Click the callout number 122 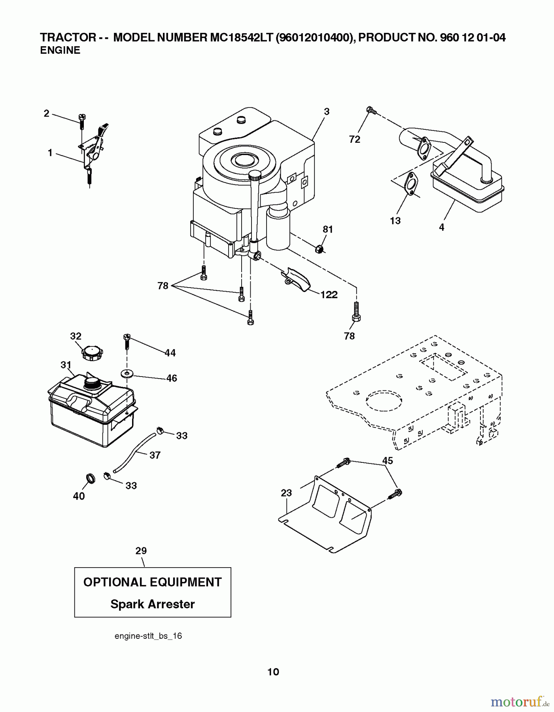tap(329, 295)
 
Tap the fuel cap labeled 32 tap(92, 352)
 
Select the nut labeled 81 tap(320, 250)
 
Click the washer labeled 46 tap(127, 373)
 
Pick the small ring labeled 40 tap(91, 479)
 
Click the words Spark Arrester tap(152, 604)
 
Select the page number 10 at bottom tap(273, 672)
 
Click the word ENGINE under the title tap(60, 50)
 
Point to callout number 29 tap(141, 551)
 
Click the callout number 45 tap(388, 460)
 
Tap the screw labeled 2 tap(82, 121)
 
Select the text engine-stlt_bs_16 tap(148, 636)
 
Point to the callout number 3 tap(326, 112)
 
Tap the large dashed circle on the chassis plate tap(384, 402)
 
